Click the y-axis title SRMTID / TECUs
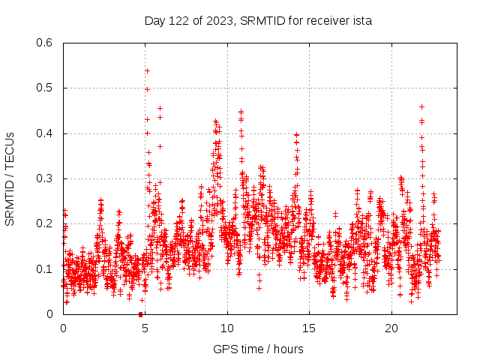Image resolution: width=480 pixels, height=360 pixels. [x=10, y=178]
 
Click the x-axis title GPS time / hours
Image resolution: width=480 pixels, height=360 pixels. [x=258, y=349]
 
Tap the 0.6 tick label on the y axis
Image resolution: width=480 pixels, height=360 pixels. [x=45, y=43]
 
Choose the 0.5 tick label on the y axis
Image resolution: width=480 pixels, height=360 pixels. [x=45, y=88]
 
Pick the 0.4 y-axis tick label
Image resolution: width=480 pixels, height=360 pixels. [x=45, y=133]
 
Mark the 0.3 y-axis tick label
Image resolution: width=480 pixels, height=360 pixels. [x=45, y=178]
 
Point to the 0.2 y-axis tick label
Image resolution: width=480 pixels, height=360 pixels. [x=45, y=223]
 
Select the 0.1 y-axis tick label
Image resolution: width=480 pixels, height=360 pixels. [x=45, y=268]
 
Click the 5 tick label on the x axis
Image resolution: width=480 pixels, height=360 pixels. [x=145, y=328]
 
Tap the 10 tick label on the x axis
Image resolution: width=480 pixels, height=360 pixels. [x=227, y=328]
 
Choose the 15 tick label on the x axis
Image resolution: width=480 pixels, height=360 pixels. [x=310, y=328]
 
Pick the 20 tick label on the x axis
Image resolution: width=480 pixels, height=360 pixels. [x=391, y=328]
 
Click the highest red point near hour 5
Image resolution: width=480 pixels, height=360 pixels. [x=147, y=70]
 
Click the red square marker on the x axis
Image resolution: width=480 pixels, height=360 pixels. [x=140, y=314]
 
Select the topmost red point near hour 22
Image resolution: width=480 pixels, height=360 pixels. [x=421, y=106]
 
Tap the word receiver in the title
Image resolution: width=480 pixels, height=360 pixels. [x=324, y=21]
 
